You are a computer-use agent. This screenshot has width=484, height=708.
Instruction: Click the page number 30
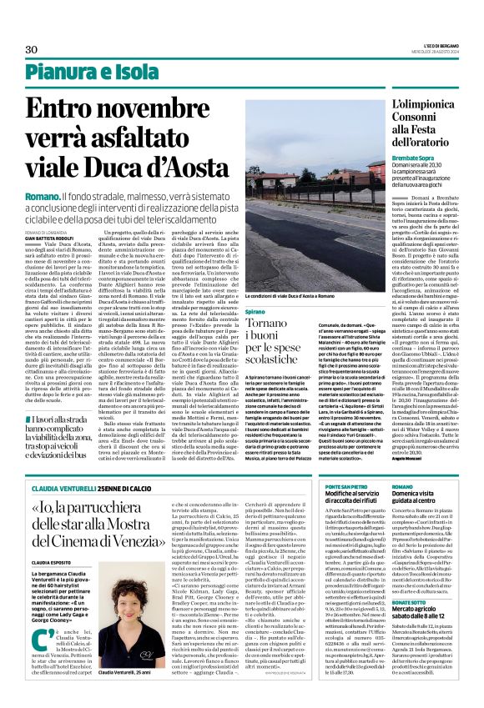[32, 50]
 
